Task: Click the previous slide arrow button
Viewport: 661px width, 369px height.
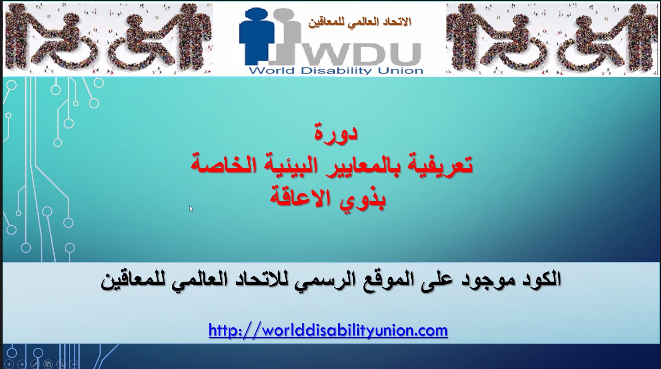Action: (9, 364)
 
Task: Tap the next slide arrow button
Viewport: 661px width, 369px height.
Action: (22, 364)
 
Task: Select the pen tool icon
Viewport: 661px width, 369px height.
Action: (35, 364)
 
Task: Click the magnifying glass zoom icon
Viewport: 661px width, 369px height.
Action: (61, 364)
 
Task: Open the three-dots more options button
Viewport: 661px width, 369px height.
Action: (74, 364)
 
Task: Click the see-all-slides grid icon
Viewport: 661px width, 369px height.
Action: (48, 364)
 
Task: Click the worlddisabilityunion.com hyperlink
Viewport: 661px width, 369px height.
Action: (328, 330)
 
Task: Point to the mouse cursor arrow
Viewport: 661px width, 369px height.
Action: (191, 209)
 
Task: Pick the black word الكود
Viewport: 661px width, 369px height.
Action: (535, 279)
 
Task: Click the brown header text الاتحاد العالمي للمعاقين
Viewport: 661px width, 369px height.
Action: (360, 22)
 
